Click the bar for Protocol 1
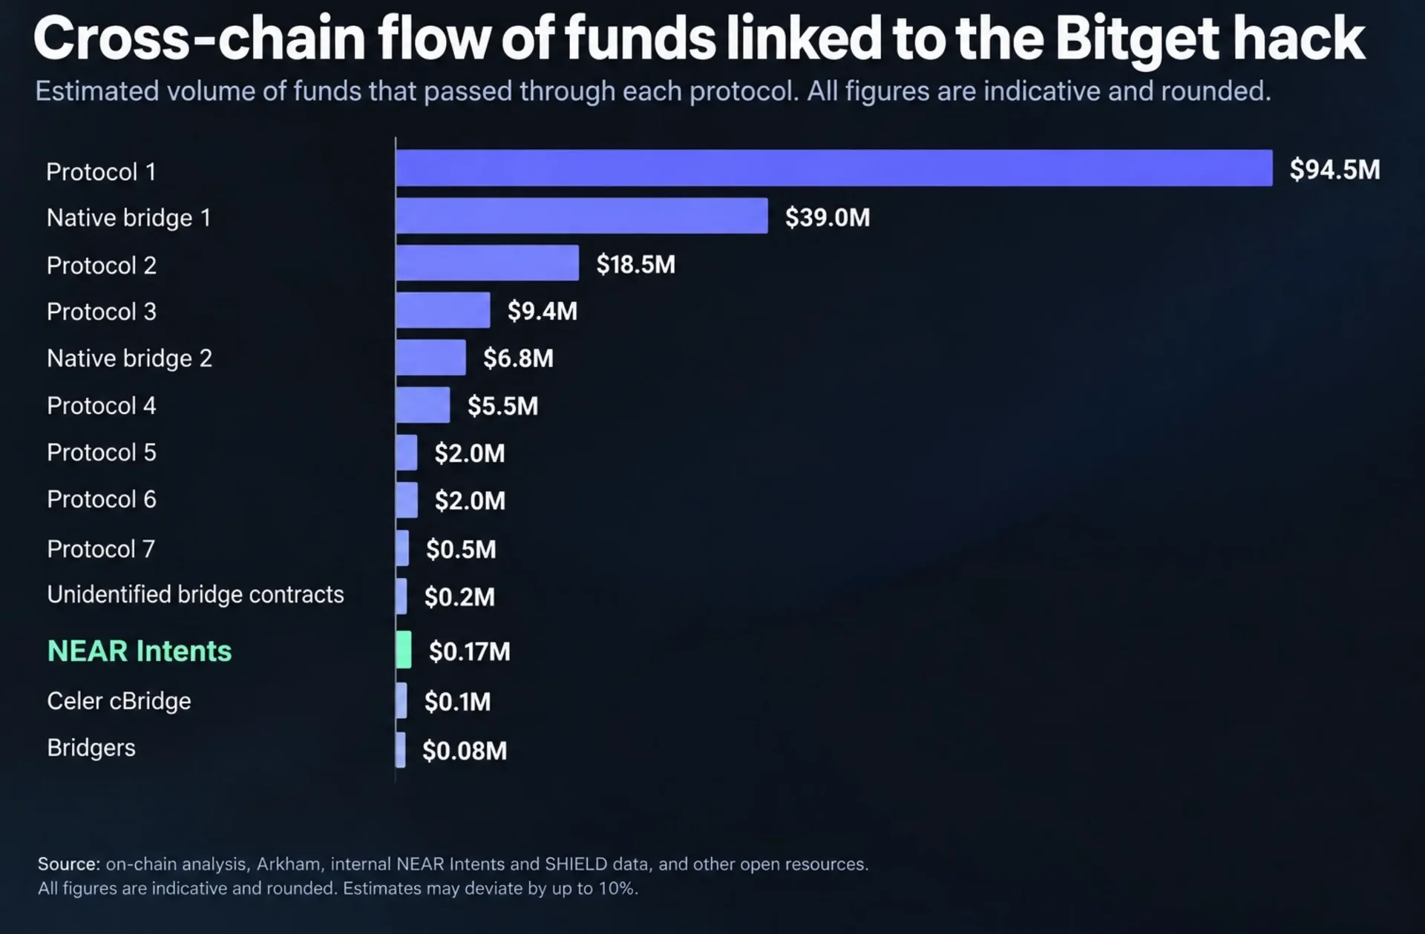[834, 168]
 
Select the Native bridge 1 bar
[582, 215]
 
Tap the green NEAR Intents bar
[404, 650]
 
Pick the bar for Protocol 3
[443, 310]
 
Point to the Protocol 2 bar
[488, 263]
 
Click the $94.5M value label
[1334, 170]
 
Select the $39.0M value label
[828, 217]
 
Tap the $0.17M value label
[470, 651]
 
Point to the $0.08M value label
[465, 751]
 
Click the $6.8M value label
[518, 358]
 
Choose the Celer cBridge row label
[119, 701]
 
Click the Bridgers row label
[91, 748]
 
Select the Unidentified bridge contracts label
[195, 594]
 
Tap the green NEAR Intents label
[140, 651]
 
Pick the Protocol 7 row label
[101, 549]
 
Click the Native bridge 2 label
[129, 358]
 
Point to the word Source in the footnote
[68, 864]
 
